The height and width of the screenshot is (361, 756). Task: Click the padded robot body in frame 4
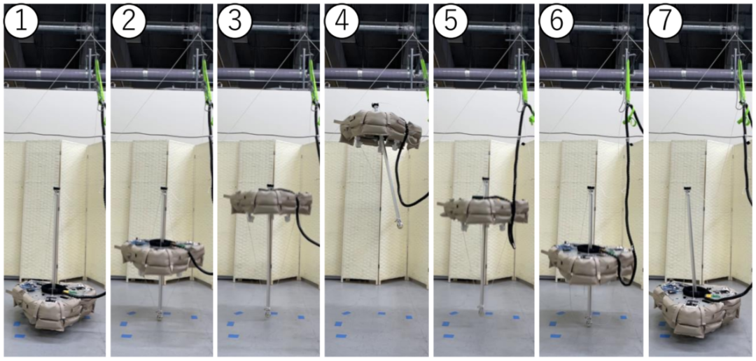(x=379, y=128)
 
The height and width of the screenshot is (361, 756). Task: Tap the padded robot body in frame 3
(x=267, y=202)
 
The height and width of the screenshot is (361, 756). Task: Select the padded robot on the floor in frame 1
(x=53, y=305)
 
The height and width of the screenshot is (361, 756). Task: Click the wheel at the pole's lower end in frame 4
(x=399, y=224)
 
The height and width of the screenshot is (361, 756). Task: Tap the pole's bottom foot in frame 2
(x=159, y=316)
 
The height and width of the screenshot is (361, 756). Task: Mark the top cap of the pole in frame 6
(x=590, y=188)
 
